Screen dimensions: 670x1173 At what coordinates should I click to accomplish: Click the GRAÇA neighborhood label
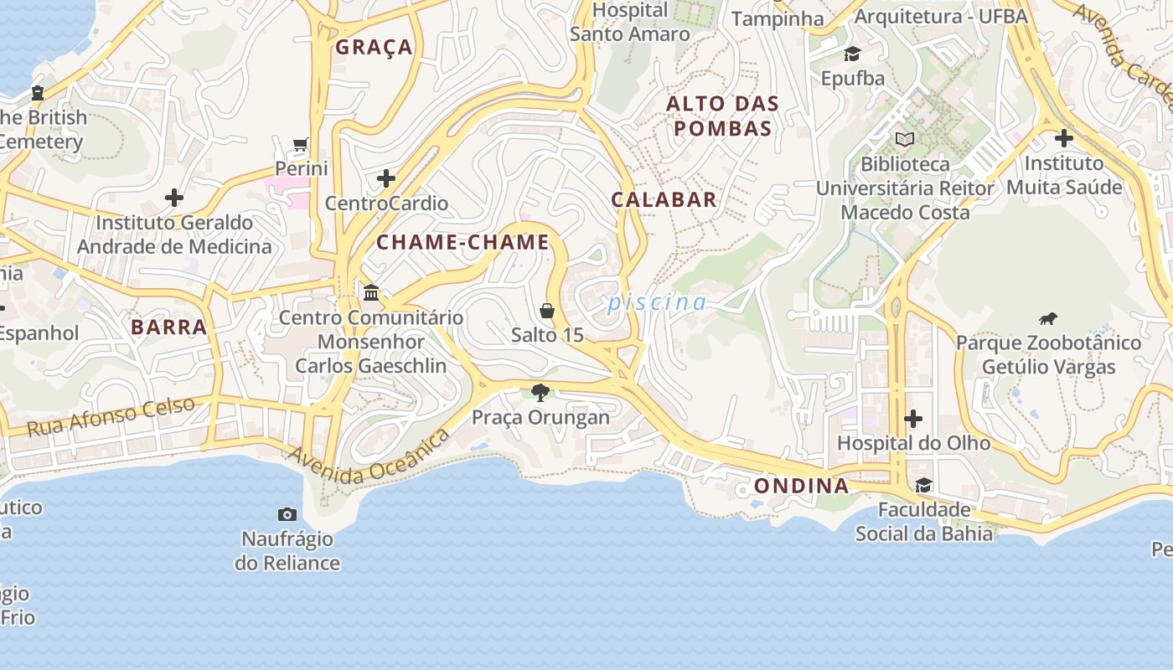point(374,47)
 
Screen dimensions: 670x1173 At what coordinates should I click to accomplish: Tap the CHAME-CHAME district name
point(462,243)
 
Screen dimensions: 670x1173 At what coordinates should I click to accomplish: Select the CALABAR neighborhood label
point(664,199)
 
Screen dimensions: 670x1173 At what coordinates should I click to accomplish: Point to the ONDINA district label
point(801,487)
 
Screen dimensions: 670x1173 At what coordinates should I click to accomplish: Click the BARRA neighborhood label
point(168,327)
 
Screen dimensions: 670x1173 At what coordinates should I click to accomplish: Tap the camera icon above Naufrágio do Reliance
point(287,514)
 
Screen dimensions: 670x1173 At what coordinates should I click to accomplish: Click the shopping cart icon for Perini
point(301,144)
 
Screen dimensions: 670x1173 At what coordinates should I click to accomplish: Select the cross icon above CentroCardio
point(385,178)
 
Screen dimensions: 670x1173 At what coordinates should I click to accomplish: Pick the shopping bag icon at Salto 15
point(547,311)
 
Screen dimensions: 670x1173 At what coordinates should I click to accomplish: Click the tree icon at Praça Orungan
point(540,392)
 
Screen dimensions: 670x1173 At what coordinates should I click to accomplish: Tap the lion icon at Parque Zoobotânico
point(1047,318)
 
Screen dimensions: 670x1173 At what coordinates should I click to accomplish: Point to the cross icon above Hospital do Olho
point(913,418)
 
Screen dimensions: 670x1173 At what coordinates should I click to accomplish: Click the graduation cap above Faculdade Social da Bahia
point(923,485)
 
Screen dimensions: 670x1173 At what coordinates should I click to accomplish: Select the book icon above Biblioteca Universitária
point(905,139)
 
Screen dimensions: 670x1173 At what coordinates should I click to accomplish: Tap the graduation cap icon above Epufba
point(852,54)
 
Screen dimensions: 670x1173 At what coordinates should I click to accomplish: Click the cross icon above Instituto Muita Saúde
point(1063,138)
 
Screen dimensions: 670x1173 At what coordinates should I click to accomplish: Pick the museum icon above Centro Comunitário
point(370,293)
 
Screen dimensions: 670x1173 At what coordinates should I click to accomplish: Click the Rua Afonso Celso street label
point(111,416)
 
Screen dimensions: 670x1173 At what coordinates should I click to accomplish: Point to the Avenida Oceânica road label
point(369,457)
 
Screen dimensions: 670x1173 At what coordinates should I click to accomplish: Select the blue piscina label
point(657,302)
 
